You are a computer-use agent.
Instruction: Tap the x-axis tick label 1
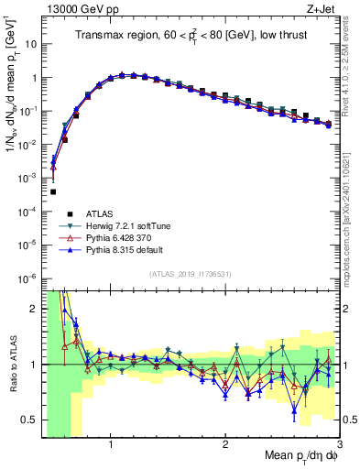coord(111,445)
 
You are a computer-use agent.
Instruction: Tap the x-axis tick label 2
coord(225,445)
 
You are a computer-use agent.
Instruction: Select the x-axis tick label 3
coord(338,445)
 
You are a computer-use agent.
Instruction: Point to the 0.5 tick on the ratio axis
coord(30,420)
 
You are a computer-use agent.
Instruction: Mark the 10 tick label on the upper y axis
coord(29,43)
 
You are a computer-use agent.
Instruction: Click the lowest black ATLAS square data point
coord(53,192)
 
